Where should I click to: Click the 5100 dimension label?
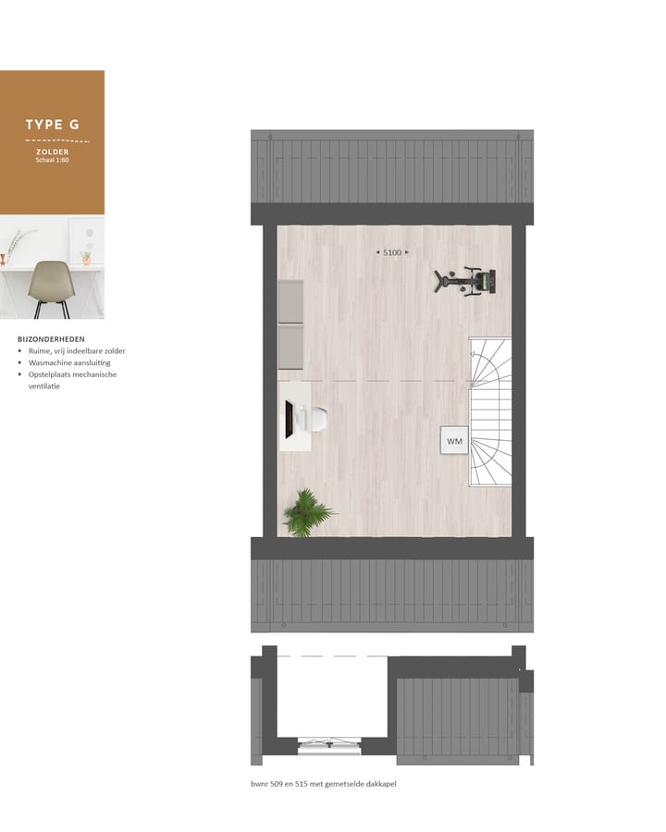click(392, 252)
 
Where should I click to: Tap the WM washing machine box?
click(454, 441)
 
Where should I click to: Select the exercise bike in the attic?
click(466, 280)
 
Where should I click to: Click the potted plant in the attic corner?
click(305, 513)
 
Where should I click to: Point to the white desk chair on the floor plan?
click(315, 419)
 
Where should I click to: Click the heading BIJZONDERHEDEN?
click(51, 339)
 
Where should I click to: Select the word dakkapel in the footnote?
click(380, 783)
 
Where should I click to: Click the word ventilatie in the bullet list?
click(45, 386)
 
